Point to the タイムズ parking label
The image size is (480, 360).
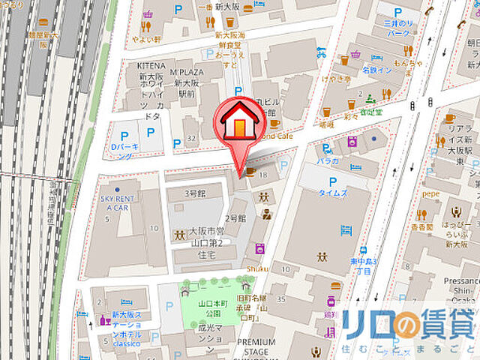[x=333, y=193]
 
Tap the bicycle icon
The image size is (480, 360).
[x=321, y=53]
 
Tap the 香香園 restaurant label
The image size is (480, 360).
[x=421, y=227]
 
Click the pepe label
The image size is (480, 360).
[x=429, y=193]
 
